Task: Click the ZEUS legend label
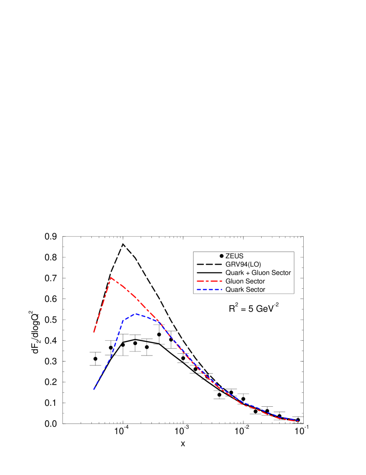coord(234,256)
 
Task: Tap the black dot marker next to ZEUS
coord(221,256)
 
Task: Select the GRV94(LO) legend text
coord(243,264)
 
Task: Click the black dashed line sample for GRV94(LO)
coord(209,264)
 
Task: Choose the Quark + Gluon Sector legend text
coord(258,273)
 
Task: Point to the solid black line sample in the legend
coord(209,273)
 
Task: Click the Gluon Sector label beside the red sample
coord(245,281)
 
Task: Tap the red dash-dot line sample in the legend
coord(209,281)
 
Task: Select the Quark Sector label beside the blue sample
coord(245,290)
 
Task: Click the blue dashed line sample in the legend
coord(209,290)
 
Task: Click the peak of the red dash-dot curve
coord(111,277)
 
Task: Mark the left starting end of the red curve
coord(94,333)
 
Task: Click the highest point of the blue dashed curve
coord(136,314)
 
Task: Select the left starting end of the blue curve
coord(94,389)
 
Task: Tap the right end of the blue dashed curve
coord(298,421)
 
